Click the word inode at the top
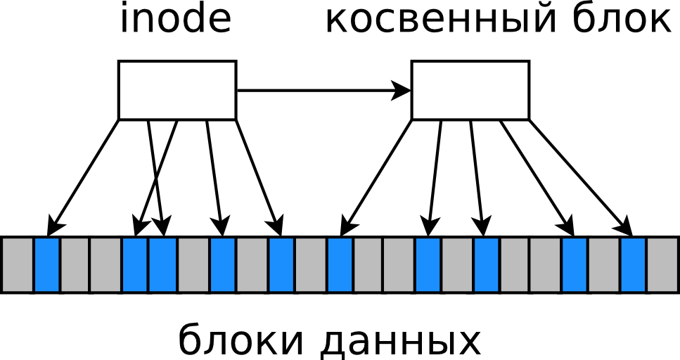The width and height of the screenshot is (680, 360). (175, 20)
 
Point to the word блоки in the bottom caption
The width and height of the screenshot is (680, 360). (242, 341)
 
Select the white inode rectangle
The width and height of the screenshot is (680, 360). (177, 90)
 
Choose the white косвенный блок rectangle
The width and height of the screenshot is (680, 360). (470, 90)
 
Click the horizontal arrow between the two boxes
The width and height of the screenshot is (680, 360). (323, 90)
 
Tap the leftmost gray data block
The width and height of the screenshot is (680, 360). (17, 264)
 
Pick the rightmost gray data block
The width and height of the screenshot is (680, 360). (663, 264)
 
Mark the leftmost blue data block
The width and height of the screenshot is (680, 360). (47, 264)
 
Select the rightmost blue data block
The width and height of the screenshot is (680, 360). (633, 264)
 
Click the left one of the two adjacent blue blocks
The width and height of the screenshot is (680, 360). (135, 264)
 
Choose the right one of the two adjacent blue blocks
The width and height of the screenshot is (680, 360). (163, 264)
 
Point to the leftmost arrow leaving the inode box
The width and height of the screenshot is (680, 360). (84, 176)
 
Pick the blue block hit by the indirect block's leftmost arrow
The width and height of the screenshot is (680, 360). (340, 264)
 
